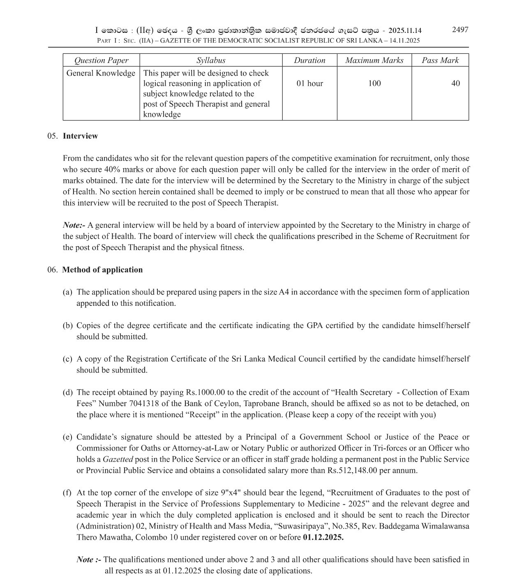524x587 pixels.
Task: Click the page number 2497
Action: [x=460, y=30]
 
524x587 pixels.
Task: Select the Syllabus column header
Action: [x=210, y=60]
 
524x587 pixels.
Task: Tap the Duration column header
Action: [x=309, y=60]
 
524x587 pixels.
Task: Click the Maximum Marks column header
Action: [x=374, y=60]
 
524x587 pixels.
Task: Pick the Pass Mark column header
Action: [x=440, y=60]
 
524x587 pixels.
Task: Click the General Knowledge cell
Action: [x=101, y=73]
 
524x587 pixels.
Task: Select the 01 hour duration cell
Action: [x=309, y=83]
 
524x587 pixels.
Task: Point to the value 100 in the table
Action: [x=374, y=83]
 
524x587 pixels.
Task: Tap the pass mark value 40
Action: [x=455, y=83]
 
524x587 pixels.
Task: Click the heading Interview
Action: [x=80, y=136]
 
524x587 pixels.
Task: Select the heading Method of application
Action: [x=102, y=270]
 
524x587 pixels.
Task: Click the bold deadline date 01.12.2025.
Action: [x=323, y=537]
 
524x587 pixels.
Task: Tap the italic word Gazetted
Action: [x=118, y=460]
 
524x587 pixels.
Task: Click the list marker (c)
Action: [x=67, y=359]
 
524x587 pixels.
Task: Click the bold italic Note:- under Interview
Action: [x=74, y=225]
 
